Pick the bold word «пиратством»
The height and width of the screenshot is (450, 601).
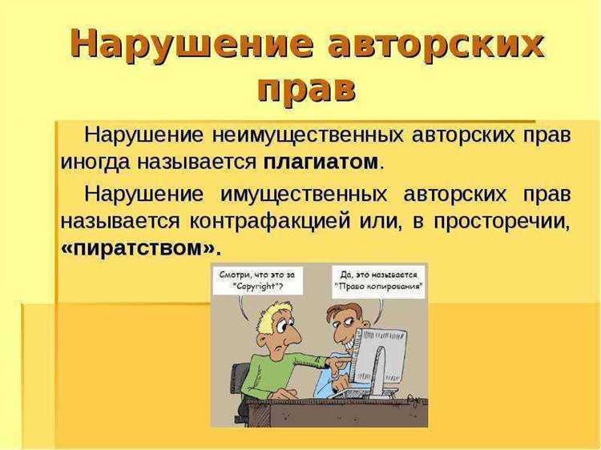click(140, 247)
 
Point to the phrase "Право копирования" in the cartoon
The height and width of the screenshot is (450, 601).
click(378, 286)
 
